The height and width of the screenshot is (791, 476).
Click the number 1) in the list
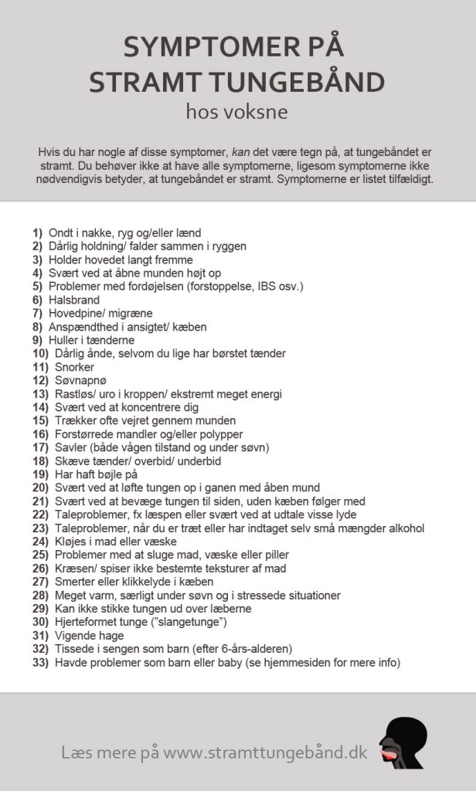(x=38, y=233)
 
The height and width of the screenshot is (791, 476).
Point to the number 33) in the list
(x=41, y=662)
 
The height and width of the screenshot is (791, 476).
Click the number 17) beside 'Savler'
(x=41, y=447)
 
